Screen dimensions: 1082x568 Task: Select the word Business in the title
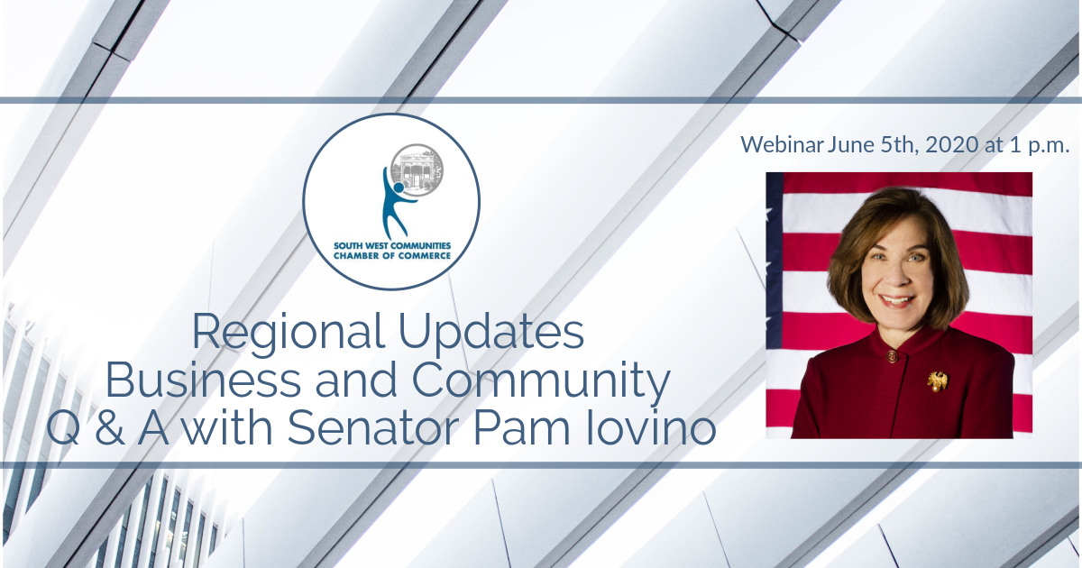203,380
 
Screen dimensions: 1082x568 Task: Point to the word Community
540,382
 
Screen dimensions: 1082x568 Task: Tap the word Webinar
782,145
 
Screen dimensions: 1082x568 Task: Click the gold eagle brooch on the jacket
937,381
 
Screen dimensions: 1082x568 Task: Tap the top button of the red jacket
891,356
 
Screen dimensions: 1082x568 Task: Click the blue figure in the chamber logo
397,204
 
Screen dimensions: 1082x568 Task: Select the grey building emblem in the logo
417,169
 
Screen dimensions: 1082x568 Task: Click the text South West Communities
392,246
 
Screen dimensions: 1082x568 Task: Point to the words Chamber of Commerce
392,255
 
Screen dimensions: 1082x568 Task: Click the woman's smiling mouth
896,300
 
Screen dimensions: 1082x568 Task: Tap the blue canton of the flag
774,261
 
